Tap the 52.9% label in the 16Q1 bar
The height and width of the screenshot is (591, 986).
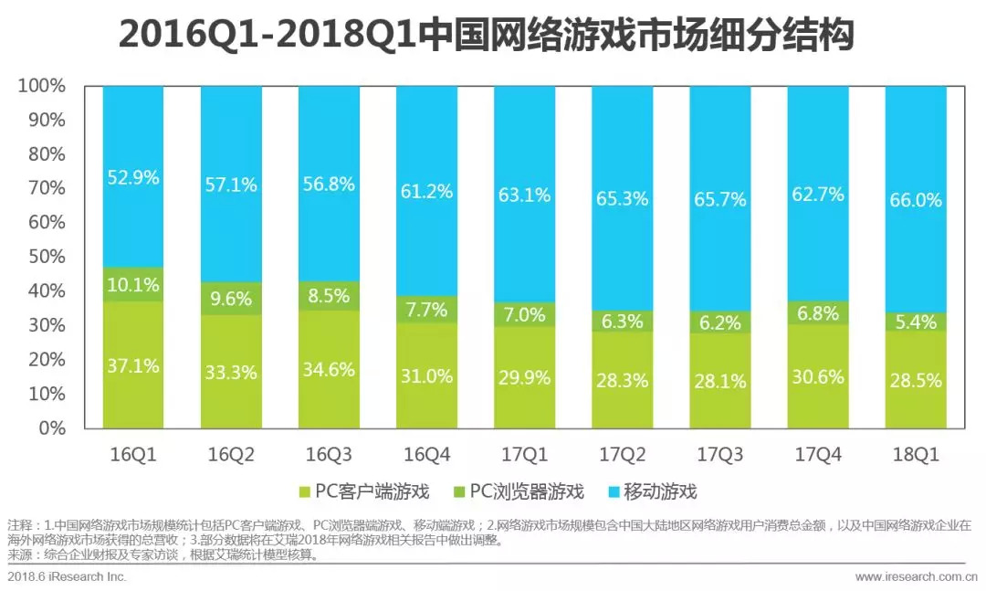point(133,177)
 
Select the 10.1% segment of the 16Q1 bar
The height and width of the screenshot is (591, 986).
point(133,284)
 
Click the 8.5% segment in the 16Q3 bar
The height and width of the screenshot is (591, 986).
point(329,295)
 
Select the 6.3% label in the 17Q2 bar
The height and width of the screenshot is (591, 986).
point(623,321)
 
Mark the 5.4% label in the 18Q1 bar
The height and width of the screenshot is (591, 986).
point(916,322)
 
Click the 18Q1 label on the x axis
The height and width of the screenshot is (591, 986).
point(916,453)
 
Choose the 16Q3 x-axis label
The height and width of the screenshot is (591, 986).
point(329,453)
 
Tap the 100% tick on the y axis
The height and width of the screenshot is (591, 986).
point(42,86)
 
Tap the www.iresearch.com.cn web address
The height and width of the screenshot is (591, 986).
point(916,576)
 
